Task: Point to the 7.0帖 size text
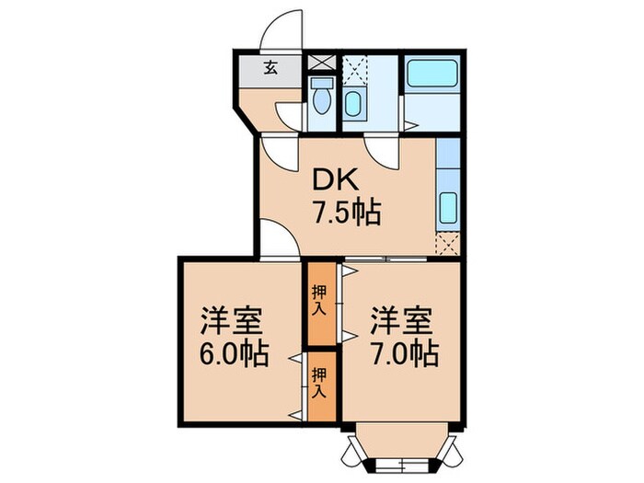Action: click(405, 352)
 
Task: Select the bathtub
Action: click(431, 74)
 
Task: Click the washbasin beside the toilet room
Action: click(354, 103)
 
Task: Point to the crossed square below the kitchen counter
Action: click(448, 243)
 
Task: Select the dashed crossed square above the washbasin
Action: click(354, 67)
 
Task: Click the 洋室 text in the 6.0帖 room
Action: click(235, 323)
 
